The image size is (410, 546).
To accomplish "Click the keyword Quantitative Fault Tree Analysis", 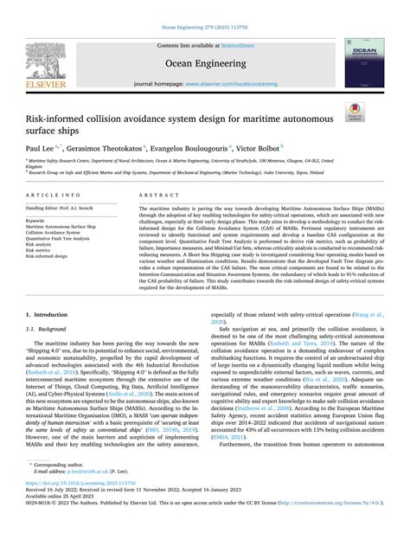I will click(x=65, y=238).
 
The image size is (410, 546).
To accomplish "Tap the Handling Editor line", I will click(x=67, y=209).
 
